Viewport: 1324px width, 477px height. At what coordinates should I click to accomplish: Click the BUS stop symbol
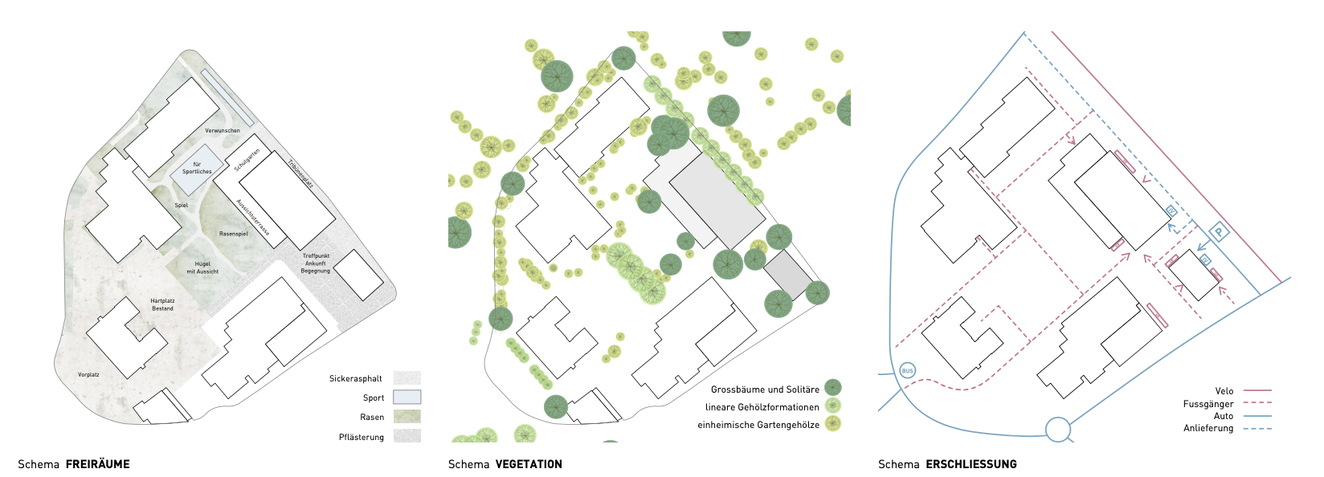coord(907,370)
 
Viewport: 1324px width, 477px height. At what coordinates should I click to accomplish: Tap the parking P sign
coord(1219,233)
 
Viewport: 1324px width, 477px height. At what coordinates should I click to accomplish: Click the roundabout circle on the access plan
coord(1058,430)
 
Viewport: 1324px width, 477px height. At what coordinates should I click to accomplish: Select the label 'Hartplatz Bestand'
coord(162,304)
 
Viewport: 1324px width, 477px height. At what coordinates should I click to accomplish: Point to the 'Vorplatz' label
coord(88,375)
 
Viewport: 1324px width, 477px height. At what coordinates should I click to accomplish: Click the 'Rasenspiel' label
coord(233,234)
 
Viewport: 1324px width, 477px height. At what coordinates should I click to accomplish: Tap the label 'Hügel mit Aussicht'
coord(202,267)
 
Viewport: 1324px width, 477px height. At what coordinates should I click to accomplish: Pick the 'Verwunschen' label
coord(223,130)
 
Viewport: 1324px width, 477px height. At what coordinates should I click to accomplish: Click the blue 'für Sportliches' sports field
coord(196,169)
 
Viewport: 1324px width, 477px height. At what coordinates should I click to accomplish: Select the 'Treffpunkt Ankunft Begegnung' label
coord(316,263)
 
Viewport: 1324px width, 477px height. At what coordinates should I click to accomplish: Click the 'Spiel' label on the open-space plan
coord(182,206)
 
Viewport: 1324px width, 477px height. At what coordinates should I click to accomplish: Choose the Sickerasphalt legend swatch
coord(407,378)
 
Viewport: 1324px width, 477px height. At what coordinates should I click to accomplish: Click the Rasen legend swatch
coord(407,417)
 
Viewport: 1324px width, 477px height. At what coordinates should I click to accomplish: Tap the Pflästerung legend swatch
coord(407,437)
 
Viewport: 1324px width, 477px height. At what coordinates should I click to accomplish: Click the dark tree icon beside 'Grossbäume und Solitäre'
coord(833,389)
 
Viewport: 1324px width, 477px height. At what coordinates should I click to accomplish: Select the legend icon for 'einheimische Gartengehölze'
coord(833,424)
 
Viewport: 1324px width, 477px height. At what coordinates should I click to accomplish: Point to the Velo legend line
coord(1257,391)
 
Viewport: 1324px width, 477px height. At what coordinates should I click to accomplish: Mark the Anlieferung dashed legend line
coord(1257,429)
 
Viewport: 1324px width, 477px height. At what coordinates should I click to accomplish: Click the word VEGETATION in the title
coord(529,464)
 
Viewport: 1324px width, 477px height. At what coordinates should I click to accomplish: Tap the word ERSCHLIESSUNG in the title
coord(971,464)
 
